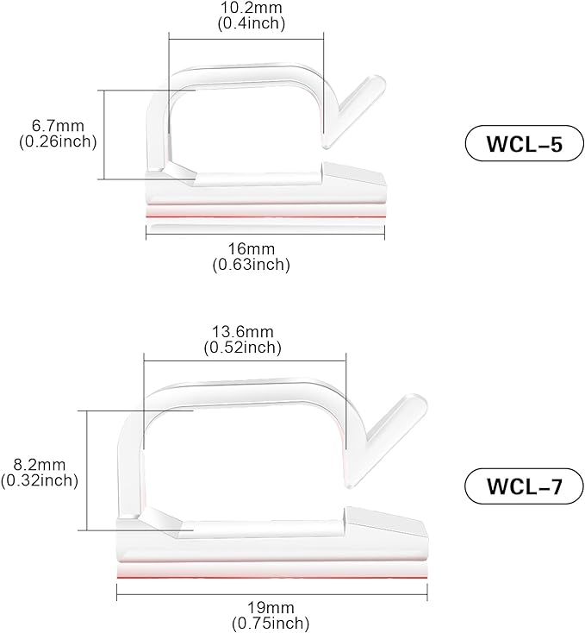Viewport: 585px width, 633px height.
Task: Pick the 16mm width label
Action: tap(251, 250)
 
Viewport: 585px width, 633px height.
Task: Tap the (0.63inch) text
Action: tap(251, 265)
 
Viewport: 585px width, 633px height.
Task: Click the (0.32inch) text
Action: tap(40, 479)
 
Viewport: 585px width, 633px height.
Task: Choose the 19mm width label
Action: tap(270, 606)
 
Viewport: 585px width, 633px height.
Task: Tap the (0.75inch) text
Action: tap(270, 621)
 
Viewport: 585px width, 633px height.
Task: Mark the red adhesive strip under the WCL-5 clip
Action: tap(267, 213)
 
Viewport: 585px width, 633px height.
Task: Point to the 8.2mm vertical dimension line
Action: tap(88, 470)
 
